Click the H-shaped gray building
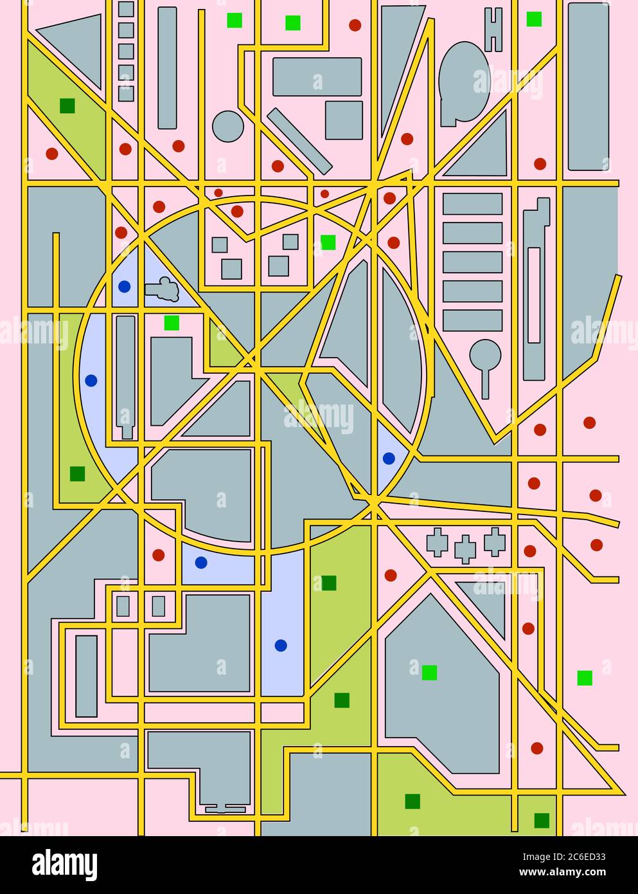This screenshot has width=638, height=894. click(493, 30)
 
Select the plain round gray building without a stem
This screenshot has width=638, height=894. click(228, 126)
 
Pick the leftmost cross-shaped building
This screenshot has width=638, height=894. click(437, 542)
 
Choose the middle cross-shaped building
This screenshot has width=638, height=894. click(465, 549)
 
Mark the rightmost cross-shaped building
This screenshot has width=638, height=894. click(494, 542)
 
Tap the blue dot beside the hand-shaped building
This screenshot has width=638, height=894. click(124, 286)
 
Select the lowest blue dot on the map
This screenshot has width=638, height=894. click(281, 645)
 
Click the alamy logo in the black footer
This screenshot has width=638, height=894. click(64, 864)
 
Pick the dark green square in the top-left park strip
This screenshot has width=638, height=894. click(67, 105)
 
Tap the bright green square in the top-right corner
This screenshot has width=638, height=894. click(534, 19)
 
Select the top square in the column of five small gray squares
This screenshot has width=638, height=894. click(126, 9)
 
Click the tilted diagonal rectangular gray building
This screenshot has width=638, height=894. click(299, 141)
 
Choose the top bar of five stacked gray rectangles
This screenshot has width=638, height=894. click(472, 204)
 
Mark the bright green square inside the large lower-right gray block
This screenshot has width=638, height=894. click(429, 673)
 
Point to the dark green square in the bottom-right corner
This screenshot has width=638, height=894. click(542, 821)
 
